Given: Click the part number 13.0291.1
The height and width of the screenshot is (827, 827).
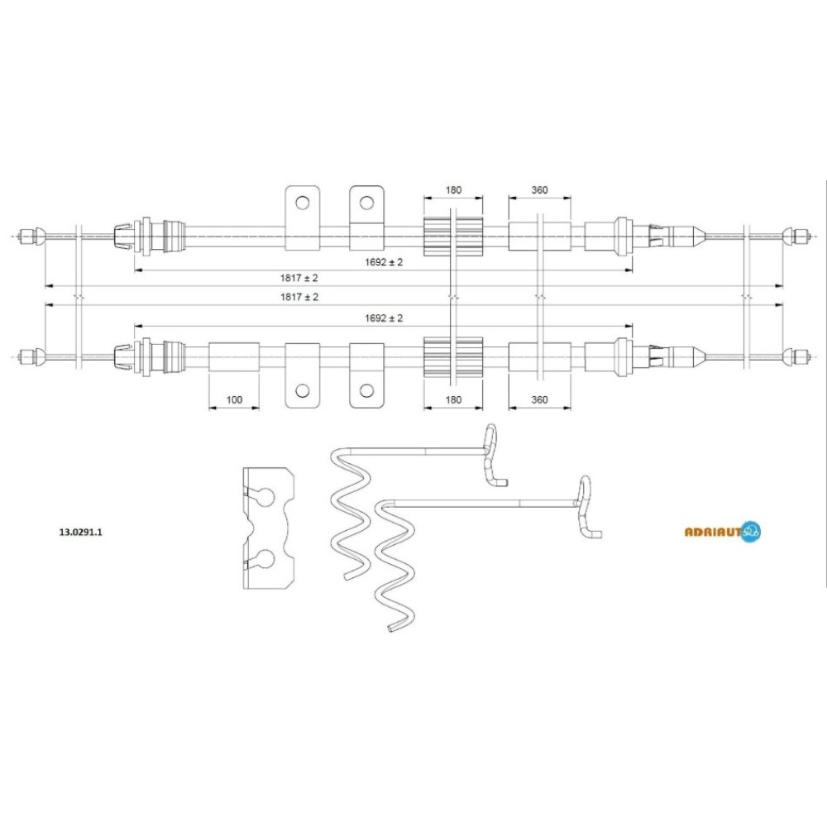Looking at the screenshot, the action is [x=81, y=532].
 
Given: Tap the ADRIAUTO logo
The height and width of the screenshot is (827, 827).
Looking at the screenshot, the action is [x=723, y=532].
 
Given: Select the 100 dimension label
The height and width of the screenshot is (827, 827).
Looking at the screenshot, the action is [x=234, y=399].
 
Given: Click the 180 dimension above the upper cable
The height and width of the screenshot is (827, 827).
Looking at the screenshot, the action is [x=453, y=190].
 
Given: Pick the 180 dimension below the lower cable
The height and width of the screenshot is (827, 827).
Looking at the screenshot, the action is [x=453, y=399].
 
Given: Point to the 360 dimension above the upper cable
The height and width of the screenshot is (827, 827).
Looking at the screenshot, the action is [x=539, y=190].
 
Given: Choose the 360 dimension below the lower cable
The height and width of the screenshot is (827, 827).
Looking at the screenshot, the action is [x=539, y=399].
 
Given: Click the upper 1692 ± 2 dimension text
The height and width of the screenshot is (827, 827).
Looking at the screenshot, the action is [x=384, y=262].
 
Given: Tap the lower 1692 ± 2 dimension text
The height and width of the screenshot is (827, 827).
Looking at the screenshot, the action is [x=384, y=318].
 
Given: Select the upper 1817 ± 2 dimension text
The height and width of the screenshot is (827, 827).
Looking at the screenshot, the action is [x=299, y=278].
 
